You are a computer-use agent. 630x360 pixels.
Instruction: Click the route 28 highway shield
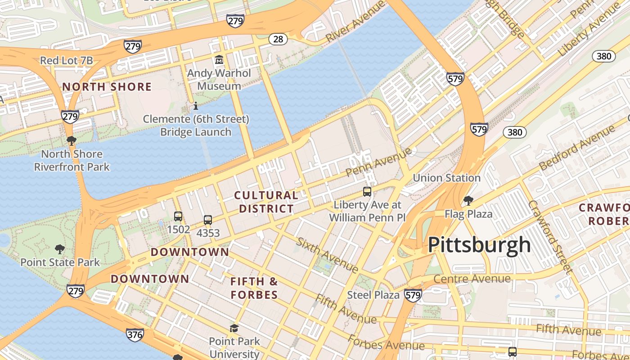tap(278, 39)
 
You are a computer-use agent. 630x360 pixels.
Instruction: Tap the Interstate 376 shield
tap(135, 334)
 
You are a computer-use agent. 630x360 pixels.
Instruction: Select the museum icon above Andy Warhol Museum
tap(219, 59)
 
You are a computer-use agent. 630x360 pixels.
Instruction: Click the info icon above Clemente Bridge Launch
tap(196, 106)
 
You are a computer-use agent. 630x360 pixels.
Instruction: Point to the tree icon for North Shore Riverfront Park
tap(71, 141)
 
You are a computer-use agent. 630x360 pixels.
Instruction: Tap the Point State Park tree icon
tap(59, 249)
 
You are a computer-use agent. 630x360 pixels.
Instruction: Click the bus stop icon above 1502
tap(178, 216)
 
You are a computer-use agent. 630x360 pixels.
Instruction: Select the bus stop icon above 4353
tap(207, 220)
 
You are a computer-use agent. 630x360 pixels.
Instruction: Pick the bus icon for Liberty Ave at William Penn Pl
tap(367, 192)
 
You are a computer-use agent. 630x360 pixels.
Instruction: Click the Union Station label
tap(446, 178)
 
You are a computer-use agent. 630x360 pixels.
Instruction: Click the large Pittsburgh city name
tap(479, 245)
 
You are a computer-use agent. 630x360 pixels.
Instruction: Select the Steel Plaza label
tap(373, 295)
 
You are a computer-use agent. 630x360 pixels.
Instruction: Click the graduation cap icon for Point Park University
tap(234, 328)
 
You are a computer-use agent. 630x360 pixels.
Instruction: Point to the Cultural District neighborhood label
tap(266, 202)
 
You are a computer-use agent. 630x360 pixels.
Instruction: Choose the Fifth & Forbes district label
tap(254, 288)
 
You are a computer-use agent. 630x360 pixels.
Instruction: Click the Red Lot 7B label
tap(66, 60)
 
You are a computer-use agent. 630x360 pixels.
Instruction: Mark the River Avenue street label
tap(355, 21)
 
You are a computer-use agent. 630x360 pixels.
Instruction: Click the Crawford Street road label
tap(549, 236)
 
